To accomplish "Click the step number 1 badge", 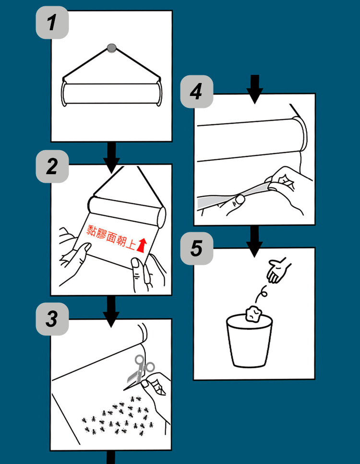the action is click(x=52, y=23).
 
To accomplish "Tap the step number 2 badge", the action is click(x=52, y=167).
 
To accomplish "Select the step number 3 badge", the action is click(x=52, y=319).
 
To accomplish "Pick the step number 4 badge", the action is click(x=197, y=92).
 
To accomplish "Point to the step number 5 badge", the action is click(x=197, y=248).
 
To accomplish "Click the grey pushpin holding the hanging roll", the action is click(x=112, y=48).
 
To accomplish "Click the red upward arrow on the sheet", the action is click(x=142, y=245).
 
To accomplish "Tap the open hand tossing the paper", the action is click(x=278, y=270).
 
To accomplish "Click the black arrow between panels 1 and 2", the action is click(x=112, y=157).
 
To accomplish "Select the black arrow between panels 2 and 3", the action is click(x=111, y=311).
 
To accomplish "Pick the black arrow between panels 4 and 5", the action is click(x=254, y=242).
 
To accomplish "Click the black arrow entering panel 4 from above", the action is click(x=254, y=89).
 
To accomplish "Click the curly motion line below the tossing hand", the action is click(x=261, y=294).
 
